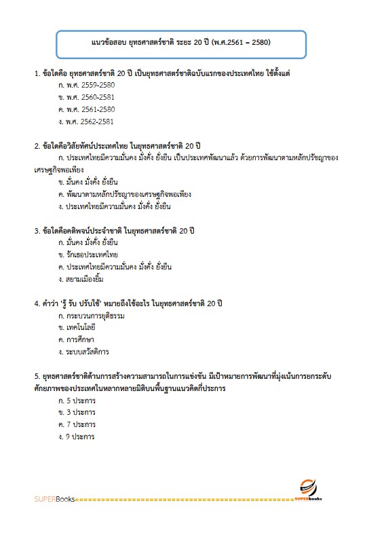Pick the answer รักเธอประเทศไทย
click(x=89, y=255)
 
